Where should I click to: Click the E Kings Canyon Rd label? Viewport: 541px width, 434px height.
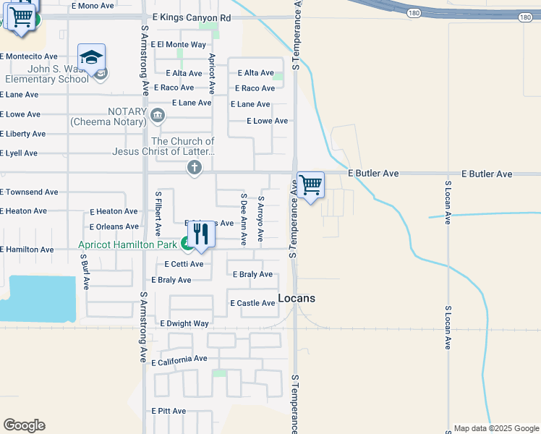click(192, 17)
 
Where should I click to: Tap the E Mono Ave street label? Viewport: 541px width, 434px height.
click(92, 6)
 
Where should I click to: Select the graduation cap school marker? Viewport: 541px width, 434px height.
click(92, 57)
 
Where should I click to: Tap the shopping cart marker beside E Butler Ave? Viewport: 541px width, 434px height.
click(310, 185)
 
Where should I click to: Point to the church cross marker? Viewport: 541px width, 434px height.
click(194, 169)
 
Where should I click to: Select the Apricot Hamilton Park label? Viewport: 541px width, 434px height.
click(127, 245)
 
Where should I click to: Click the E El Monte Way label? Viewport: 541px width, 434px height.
click(179, 45)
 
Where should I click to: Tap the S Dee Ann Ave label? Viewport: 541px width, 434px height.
click(244, 218)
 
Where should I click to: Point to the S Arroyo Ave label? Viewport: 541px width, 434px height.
click(261, 218)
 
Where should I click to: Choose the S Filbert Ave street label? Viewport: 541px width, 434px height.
click(158, 213)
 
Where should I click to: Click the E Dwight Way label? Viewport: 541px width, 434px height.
click(184, 323)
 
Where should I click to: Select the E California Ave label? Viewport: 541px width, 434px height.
click(179, 359)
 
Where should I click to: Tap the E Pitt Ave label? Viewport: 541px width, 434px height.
click(169, 411)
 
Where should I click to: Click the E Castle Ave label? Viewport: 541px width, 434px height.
click(252, 303)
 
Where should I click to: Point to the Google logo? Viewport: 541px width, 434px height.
click(24, 425)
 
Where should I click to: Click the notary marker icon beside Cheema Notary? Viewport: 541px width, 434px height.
click(158, 115)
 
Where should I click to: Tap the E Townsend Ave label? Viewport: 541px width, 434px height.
click(29, 192)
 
